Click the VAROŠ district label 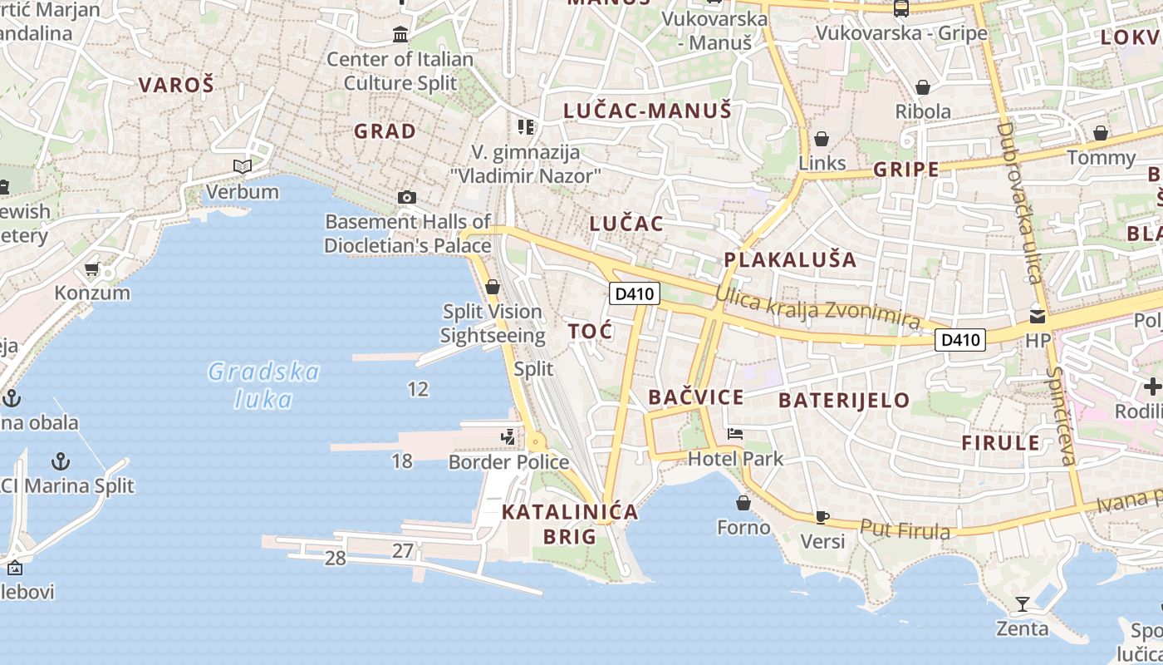click(x=176, y=85)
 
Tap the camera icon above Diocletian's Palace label click(x=406, y=197)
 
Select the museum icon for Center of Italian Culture click(x=400, y=35)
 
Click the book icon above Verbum click(x=242, y=166)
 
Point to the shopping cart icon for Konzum click(x=92, y=268)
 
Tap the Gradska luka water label click(x=263, y=385)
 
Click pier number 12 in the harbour click(x=418, y=388)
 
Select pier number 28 click(x=335, y=558)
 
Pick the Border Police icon click(x=508, y=436)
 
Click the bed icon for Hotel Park click(x=735, y=433)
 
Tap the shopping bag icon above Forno click(x=743, y=503)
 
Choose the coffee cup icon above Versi click(x=822, y=517)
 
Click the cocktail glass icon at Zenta click(x=1022, y=604)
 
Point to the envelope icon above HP click(x=1038, y=316)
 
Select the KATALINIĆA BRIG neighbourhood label click(x=570, y=524)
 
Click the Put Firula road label click(x=905, y=529)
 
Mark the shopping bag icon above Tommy click(x=1101, y=133)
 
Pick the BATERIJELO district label click(x=844, y=401)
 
